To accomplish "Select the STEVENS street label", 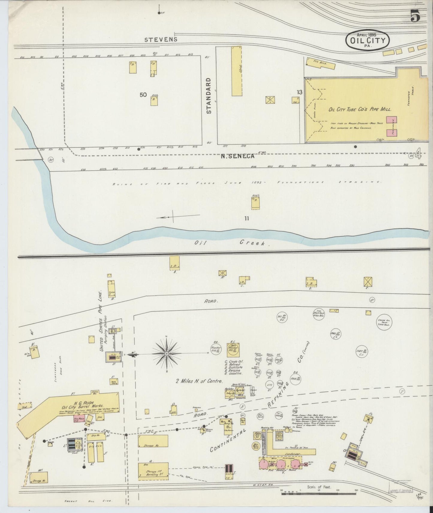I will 161,39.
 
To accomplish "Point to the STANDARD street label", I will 209,96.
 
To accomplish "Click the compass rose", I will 167,354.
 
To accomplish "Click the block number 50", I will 143,95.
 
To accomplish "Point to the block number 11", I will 246,218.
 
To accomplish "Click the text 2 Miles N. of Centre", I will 199,381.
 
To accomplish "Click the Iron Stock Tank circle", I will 319,313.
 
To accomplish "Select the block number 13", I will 299,92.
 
